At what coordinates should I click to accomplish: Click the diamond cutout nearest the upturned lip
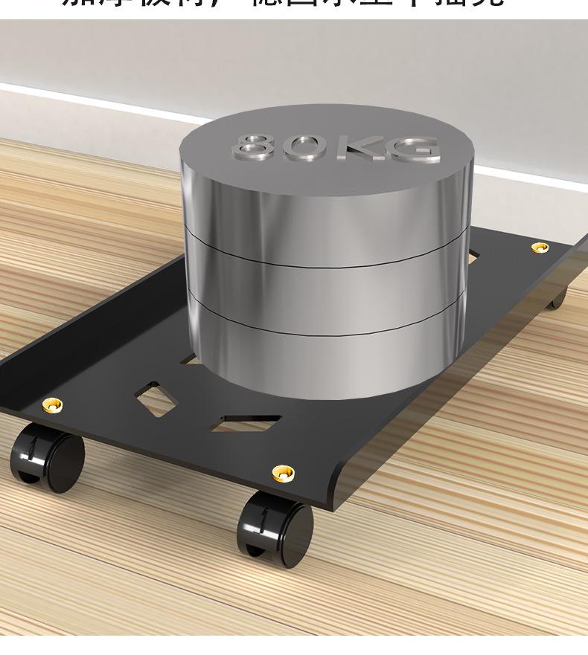point(157,400)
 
